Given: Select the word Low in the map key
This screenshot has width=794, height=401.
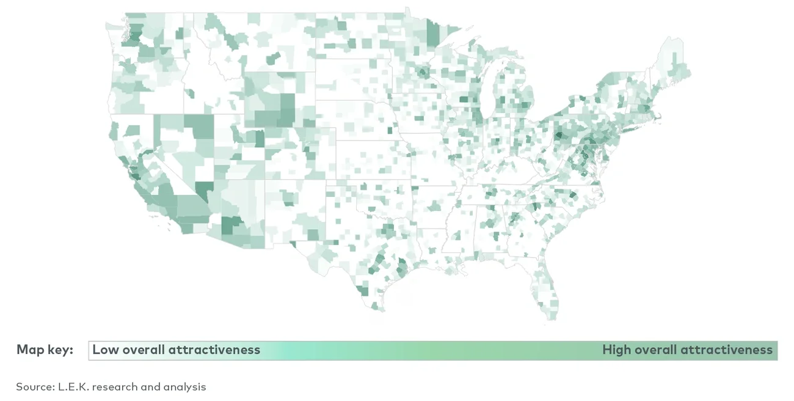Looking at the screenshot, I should tap(106, 350).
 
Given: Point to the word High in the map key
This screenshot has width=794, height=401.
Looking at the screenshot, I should tap(617, 350).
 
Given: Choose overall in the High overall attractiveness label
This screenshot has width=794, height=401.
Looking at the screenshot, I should tap(655, 350).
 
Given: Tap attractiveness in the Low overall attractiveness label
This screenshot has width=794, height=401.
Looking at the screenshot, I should tap(214, 350).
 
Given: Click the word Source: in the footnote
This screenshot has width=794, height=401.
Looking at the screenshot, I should tap(35, 387).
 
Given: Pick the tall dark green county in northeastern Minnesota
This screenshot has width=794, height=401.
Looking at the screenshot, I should tap(432, 34).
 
